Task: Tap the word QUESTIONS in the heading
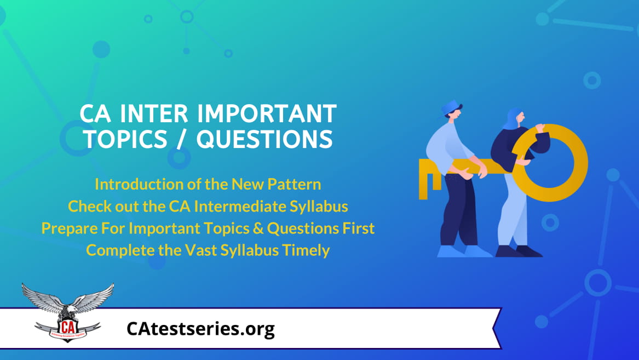265,139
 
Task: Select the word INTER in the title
154,113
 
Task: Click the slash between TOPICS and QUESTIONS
182,139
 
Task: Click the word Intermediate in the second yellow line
240,206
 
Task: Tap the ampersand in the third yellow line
258,228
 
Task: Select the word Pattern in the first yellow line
294,184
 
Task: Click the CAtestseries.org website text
200,329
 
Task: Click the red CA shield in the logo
68,328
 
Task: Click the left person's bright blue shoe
464,251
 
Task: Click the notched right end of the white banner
498,328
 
